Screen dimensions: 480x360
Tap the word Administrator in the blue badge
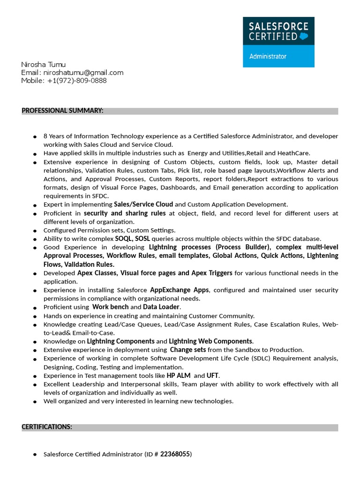[x=268, y=56]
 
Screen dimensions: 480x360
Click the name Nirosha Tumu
[x=44, y=64]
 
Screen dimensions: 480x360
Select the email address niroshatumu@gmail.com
[x=83, y=72]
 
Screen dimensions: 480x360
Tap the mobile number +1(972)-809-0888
[x=77, y=80]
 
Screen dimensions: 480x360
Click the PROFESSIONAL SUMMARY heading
[x=62, y=111]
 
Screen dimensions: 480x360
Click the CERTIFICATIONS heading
[x=47, y=427]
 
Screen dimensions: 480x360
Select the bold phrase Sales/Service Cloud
[x=143, y=204]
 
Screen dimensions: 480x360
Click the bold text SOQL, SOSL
[x=133, y=239]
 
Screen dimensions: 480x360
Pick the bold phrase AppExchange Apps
[x=180, y=290]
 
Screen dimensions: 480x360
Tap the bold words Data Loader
[x=161, y=307]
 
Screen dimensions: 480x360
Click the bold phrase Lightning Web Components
[x=210, y=341]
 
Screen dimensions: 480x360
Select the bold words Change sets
[x=187, y=350]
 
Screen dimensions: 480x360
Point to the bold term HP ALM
[x=178, y=375]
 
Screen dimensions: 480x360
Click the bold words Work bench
[x=110, y=307]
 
